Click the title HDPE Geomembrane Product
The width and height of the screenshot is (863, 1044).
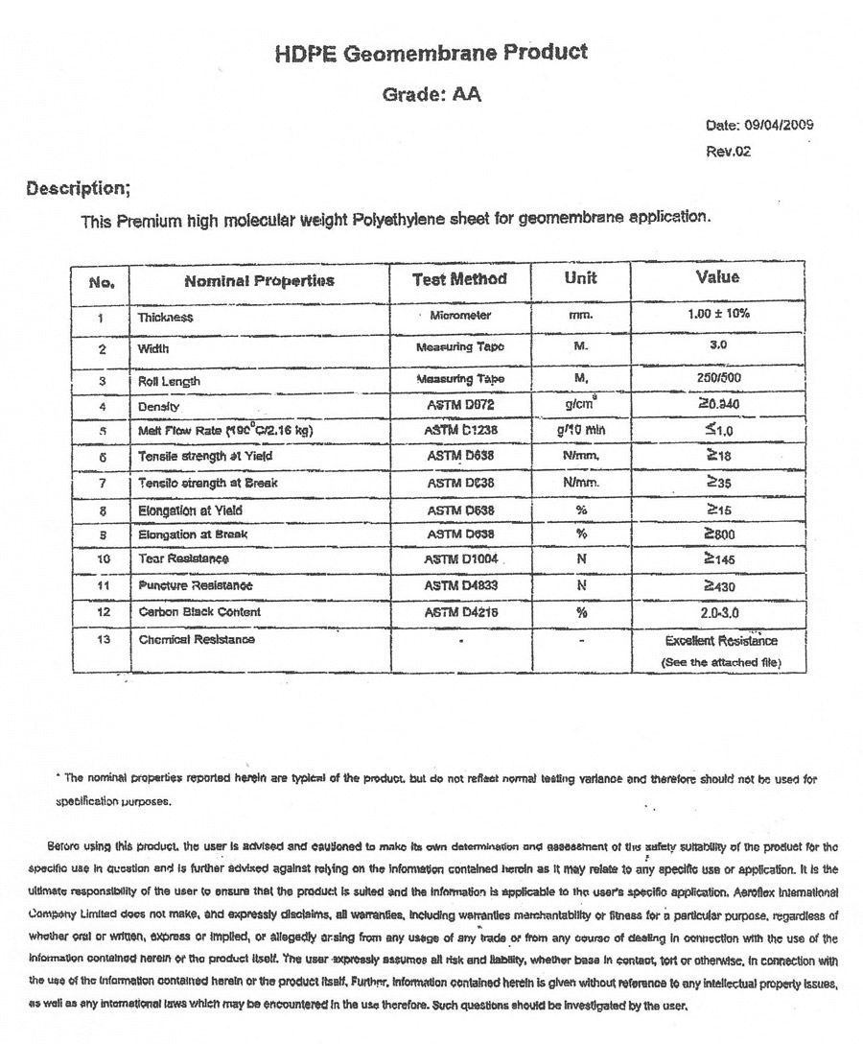(x=431, y=54)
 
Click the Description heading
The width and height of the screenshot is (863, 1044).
(x=78, y=188)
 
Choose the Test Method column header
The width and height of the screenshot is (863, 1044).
(x=458, y=279)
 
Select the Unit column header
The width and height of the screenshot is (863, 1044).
(x=580, y=278)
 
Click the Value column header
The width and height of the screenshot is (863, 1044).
(x=717, y=277)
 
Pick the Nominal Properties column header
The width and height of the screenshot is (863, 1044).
(x=259, y=281)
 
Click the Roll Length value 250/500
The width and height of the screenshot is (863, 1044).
(x=716, y=379)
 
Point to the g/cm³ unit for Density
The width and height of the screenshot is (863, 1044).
(x=581, y=405)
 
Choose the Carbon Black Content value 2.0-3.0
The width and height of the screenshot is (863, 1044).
(x=718, y=611)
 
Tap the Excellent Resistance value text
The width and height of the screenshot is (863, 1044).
(x=721, y=641)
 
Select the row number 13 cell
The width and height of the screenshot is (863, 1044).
(x=102, y=639)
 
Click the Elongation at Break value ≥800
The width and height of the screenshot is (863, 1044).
(x=718, y=534)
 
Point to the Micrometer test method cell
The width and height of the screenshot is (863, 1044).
(x=462, y=316)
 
